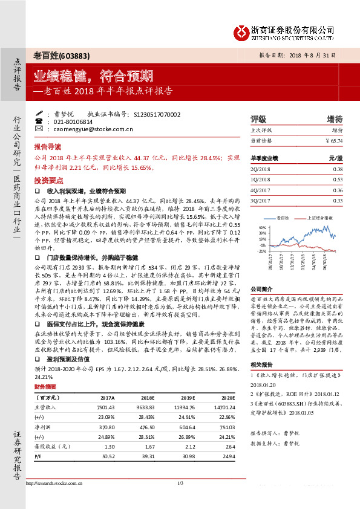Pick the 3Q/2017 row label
pyautogui.click(x=260, y=201)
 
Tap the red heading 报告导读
pyautogui.click(x=48, y=147)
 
